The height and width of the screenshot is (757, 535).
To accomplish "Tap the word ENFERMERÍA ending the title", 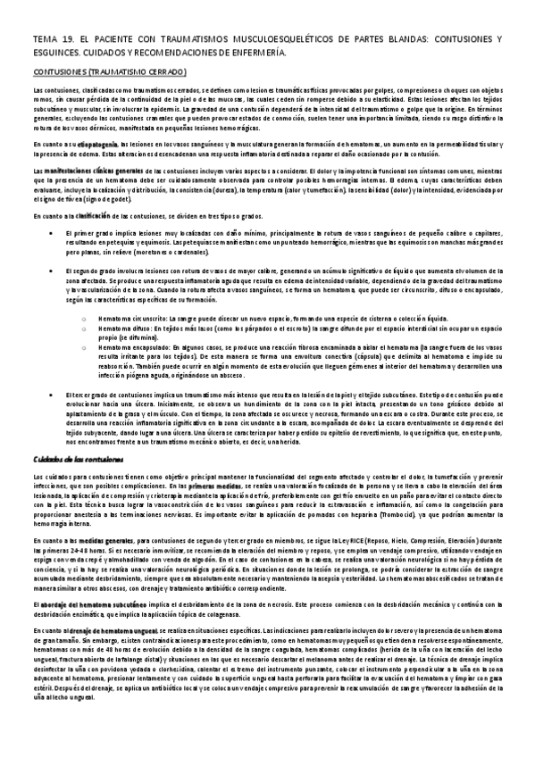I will pyautogui.click(x=260, y=54).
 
